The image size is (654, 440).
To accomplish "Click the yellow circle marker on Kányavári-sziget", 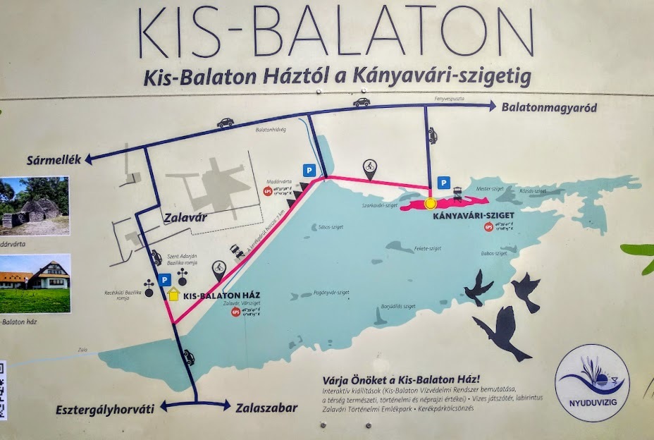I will tap(431, 204).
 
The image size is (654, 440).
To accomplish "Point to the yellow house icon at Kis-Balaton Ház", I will tap(173, 295).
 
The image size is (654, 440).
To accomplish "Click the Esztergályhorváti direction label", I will tap(106, 408).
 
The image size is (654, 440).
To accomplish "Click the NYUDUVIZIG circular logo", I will tap(592, 382).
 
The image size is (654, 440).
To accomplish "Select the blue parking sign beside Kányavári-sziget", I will tap(444, 183).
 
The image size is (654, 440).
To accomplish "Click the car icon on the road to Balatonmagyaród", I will tap(362, 102).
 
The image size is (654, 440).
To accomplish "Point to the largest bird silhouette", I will tap(503, 331).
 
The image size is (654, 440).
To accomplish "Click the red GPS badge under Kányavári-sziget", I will tap(488, 226).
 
